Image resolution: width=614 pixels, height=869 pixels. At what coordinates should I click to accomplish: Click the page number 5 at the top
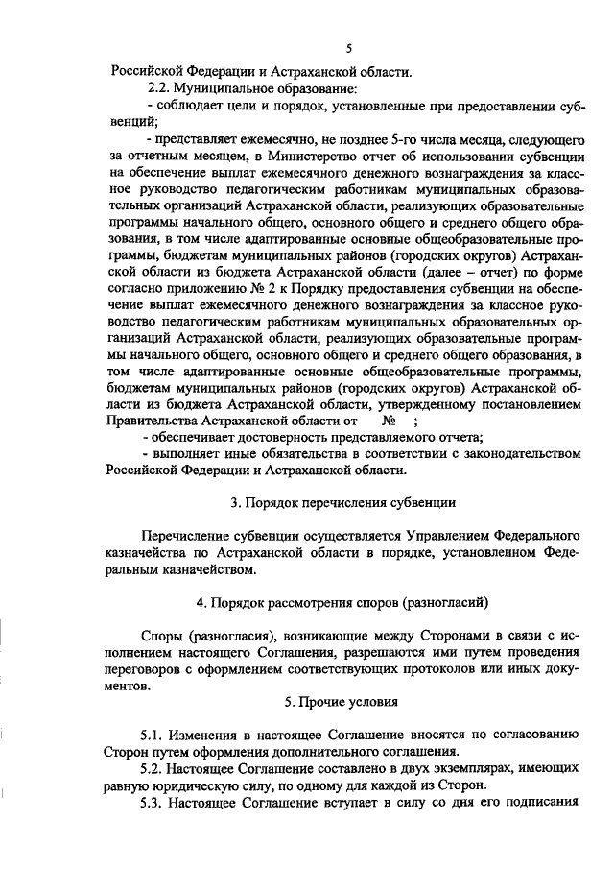pos(350,48)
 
